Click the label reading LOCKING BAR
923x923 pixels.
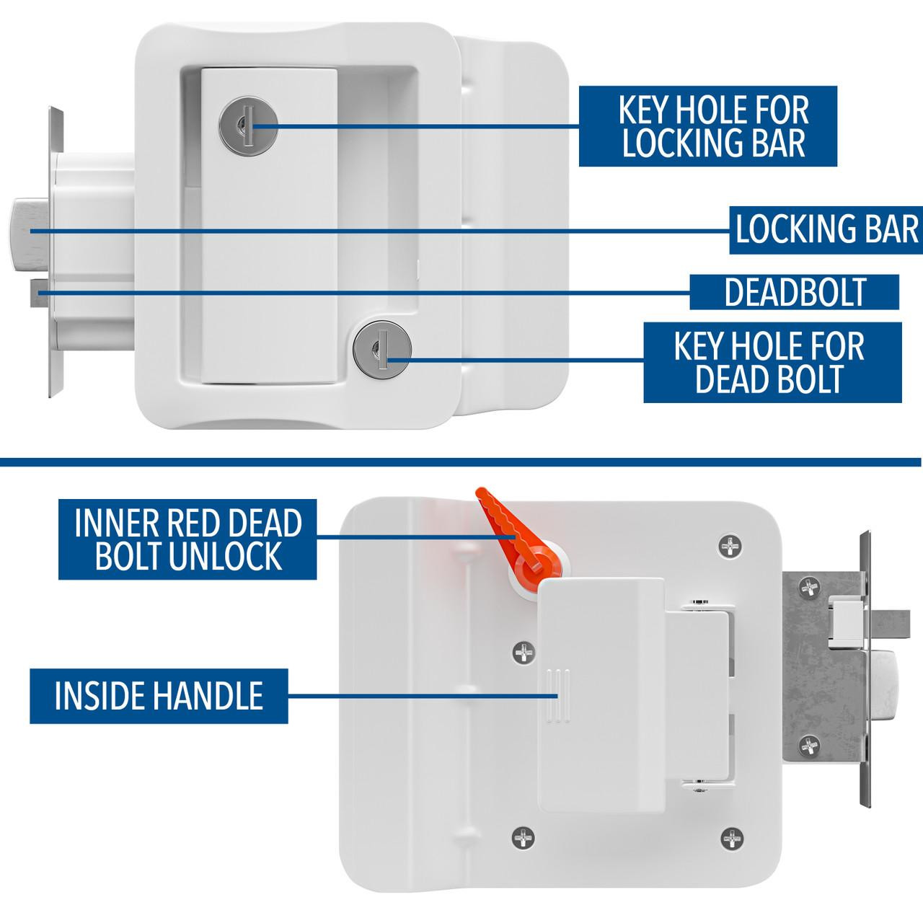coord(826,230)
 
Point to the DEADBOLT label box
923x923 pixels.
coord(794,292)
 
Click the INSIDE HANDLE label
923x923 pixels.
coord(159,696)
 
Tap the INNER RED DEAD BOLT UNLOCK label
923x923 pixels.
coord(187,538)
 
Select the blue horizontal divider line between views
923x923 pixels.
coord(461,459)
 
